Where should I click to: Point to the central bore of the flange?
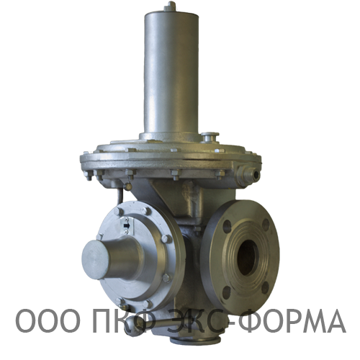tap(248, 258)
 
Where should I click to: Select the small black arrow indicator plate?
tap(126, 225)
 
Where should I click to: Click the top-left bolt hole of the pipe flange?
tap(228, 226)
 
